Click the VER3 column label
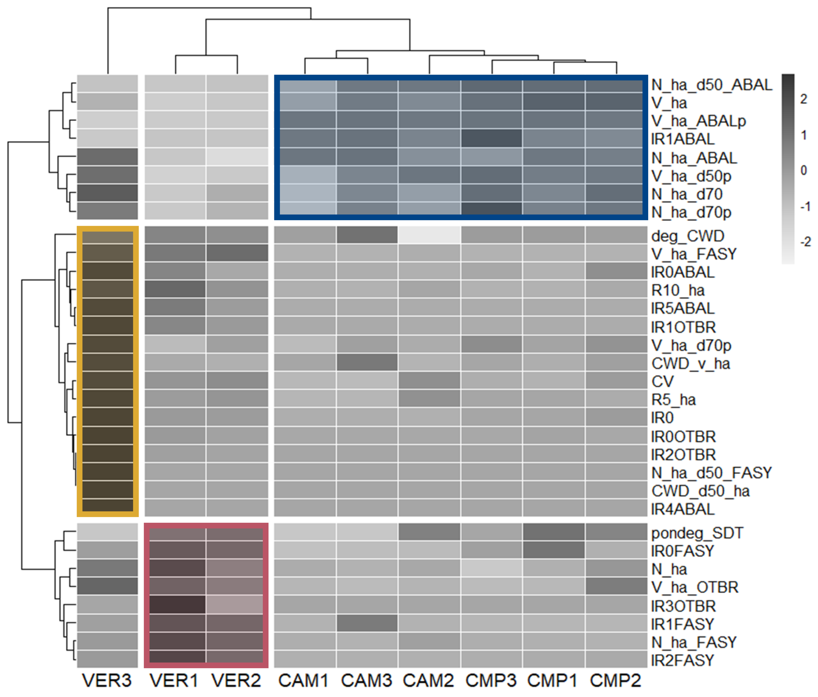click(107, 680)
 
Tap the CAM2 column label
click(429, 680)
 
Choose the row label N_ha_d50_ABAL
click(711, 85)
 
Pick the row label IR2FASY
click(683, 660)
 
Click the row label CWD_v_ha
click(690, 364)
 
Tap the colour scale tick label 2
click(803, 99)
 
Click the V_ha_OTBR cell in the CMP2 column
click(616, 587)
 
